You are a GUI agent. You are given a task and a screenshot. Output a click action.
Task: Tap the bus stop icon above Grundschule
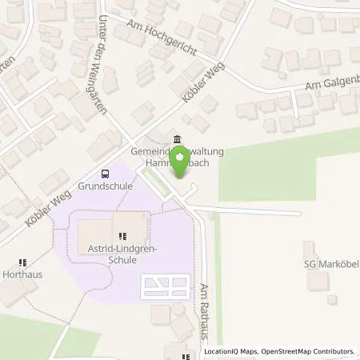(x=104, y=174)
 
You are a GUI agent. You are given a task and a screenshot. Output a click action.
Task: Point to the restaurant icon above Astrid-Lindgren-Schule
(x=122, y=237)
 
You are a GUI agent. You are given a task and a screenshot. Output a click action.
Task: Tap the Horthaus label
(x=22, y=274)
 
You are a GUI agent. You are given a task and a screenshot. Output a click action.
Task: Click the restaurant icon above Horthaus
(x=22, y=261)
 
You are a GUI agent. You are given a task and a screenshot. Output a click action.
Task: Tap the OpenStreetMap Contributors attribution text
(x=309, y=351)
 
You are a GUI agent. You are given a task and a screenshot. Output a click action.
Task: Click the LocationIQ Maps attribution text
(x=233, y=351)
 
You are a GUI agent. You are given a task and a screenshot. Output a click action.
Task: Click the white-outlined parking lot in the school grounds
(x=166, y=285)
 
